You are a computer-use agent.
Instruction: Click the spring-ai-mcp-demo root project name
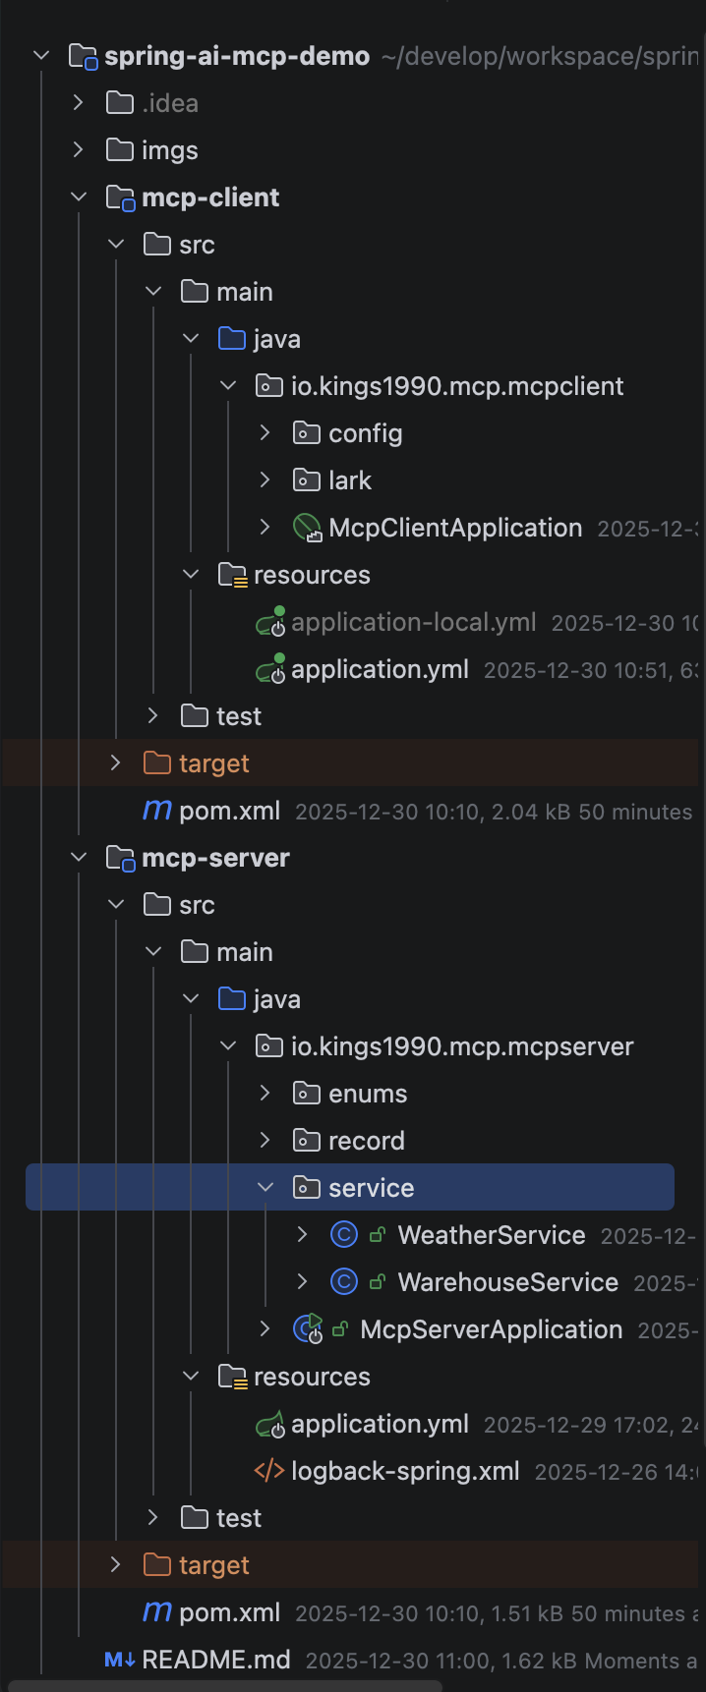236,56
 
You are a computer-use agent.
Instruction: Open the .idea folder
169,103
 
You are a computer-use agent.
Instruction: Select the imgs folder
169,150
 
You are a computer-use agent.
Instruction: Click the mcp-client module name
210,197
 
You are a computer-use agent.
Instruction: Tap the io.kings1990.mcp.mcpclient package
456,386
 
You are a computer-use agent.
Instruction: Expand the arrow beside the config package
265,432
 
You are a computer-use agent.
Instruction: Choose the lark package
349,480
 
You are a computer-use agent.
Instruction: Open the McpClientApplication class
455,528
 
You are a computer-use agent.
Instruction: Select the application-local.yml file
413,622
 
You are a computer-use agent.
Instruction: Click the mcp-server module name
215,858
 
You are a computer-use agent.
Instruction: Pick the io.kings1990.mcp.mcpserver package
461,1046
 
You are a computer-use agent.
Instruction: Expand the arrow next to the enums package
265,1093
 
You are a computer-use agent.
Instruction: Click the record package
366,1141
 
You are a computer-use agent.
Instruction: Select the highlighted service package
371,1188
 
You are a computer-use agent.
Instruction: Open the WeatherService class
491,1235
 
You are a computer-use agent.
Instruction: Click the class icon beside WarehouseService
343,1282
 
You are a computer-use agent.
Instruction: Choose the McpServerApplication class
491,1329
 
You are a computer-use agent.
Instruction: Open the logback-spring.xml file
405,1471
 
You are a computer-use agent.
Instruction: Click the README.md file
216,1660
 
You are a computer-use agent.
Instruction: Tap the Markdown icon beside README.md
119,1660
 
